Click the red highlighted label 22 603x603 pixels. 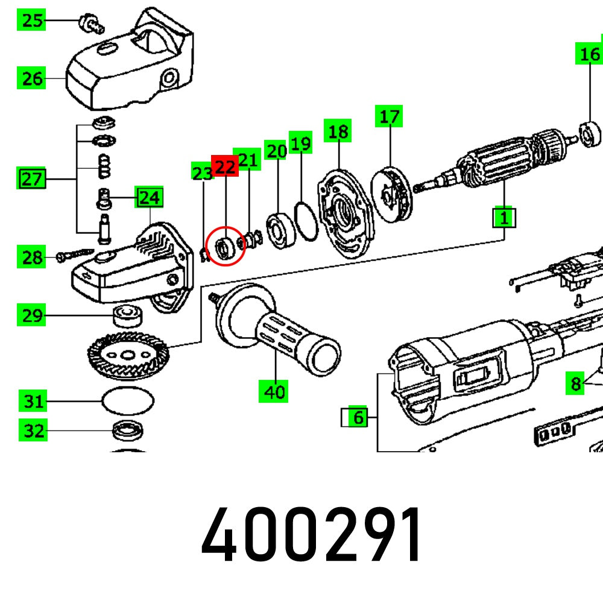[x=225, y=166]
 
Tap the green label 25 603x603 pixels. [x=32, y=21]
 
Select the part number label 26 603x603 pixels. [x=32, y=78]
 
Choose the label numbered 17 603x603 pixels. [x=390, y=116]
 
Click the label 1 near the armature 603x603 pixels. [x=504, y=216]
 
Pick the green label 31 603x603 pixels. [x=34, y=401]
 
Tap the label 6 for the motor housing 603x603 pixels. [x=358, y=417]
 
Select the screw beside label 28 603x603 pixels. [x=75, y=256]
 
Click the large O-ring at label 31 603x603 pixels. [x=128, y=401]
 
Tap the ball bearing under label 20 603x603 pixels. [x=279, y=230]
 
